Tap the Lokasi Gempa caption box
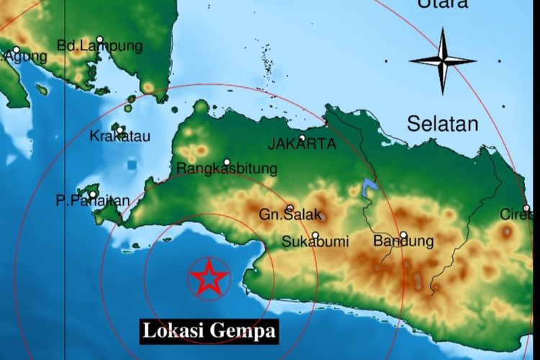[209, 331]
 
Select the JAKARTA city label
[302, 145]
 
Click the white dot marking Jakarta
[302, 138]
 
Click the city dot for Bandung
[404, 235]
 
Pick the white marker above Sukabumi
[315, 235]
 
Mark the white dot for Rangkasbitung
[227, 162]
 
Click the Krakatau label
[120, 136]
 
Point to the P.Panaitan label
[93, 202]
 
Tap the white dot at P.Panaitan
[93, 194]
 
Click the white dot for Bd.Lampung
[100, 40]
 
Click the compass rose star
[442, 60]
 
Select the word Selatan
[442, 124]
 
